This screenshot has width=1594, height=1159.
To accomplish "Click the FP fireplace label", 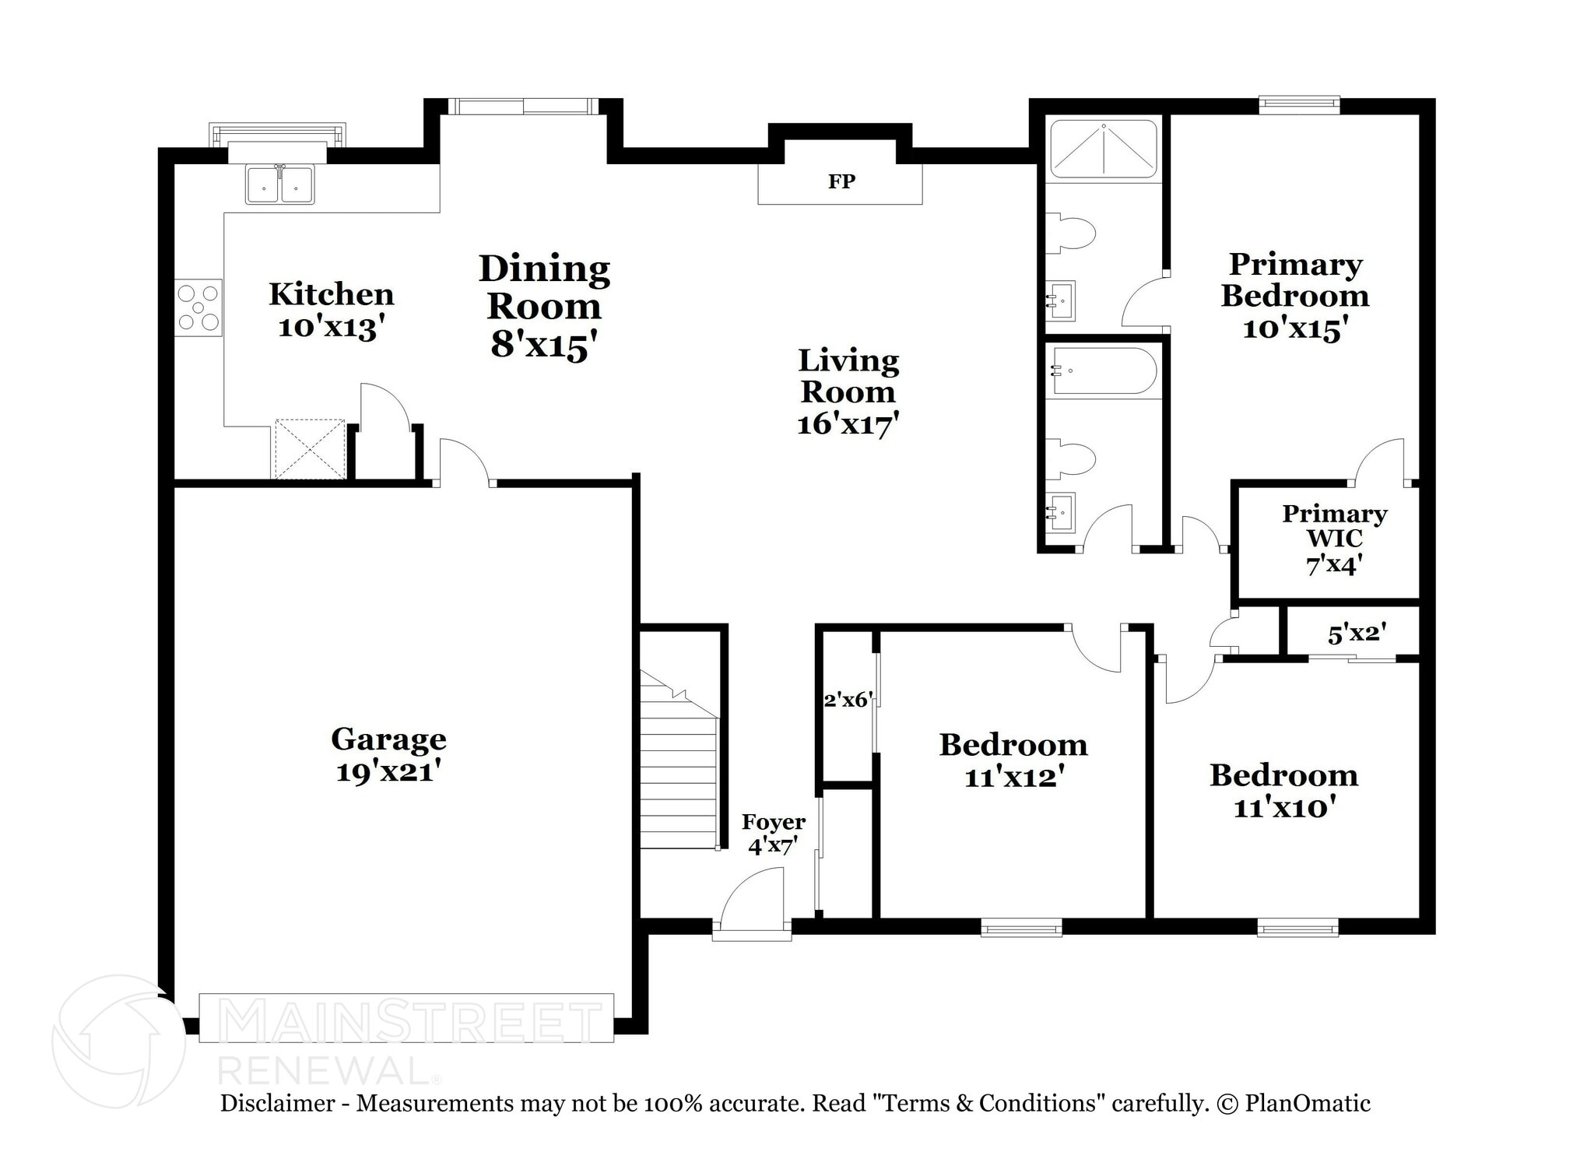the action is tap(841, 181).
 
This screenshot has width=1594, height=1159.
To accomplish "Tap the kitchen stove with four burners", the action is tap(198, 307).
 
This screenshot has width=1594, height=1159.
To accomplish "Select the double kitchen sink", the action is tap(280, 184).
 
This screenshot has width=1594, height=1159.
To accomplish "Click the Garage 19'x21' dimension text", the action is tap(389, 772).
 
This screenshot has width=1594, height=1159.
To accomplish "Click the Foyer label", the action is tap(773, 822).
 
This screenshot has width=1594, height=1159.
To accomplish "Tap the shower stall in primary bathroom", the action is tap(1104, 149).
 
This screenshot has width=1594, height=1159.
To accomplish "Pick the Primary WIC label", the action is tap(1334, 526).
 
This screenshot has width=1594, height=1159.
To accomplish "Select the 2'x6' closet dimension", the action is tap(848, 700).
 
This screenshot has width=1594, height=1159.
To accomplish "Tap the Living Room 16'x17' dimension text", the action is tap(848, 425).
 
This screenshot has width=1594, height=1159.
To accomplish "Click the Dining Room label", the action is tap(544, 287).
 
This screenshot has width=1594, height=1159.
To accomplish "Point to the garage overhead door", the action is tap(406, 1017).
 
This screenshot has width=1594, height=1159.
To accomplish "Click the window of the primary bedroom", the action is tap(1299, 105).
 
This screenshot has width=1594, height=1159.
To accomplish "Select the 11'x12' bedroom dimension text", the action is tap(1013, 777).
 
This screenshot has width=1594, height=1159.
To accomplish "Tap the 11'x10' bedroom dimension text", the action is tap(1284, 807).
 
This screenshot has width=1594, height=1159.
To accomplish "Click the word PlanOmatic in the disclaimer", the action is tap(1308, 1103).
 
